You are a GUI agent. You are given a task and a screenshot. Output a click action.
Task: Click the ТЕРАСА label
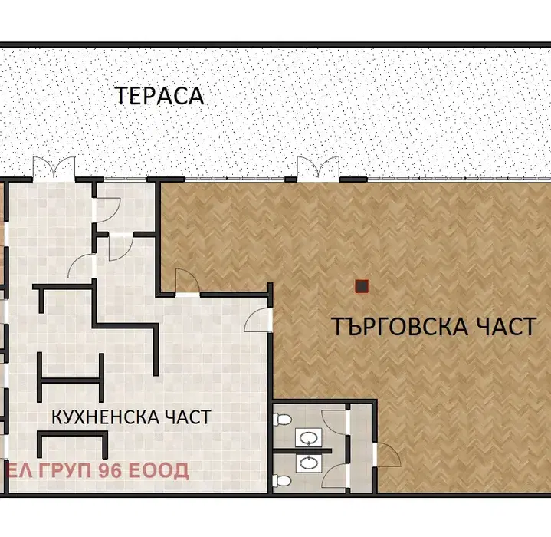click(160, 96)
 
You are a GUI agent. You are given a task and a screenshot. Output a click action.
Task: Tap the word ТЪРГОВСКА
click(400, 326)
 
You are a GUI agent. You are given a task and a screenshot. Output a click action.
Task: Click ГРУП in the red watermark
click(66, 471)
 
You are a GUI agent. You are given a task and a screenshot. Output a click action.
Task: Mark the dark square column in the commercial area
click(362, 287)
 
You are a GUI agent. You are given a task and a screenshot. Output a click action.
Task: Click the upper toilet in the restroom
click(282, 419)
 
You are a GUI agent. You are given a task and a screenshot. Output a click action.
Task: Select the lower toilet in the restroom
click(282, 481)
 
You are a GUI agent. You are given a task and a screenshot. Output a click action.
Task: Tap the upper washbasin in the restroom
click(309, 437)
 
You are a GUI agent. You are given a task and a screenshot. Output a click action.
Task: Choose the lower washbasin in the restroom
click(309, 463)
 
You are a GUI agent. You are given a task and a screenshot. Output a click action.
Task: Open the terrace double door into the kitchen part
click(54, 168)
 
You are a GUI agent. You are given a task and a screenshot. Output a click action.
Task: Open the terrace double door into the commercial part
click(318, 168)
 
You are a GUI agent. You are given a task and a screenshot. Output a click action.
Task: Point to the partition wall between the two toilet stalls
click(302, 450)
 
